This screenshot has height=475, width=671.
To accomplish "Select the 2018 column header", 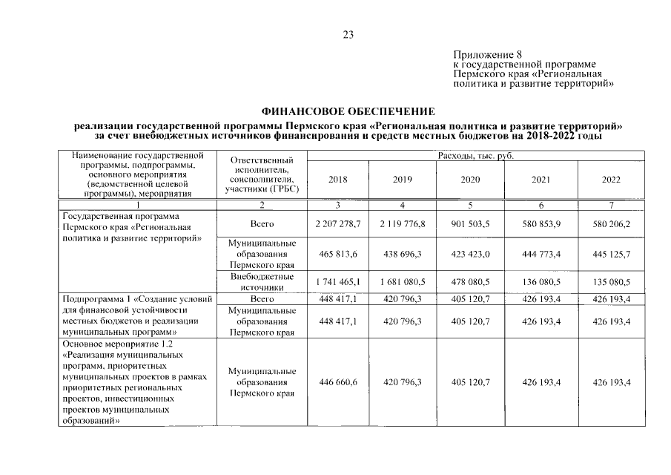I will (x=337, y=180).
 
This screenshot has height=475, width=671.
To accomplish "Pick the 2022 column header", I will (x=612, y=180).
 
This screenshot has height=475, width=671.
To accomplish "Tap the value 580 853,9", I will (x=541, y=223).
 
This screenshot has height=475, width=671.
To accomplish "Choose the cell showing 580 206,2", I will (x=612, y=223).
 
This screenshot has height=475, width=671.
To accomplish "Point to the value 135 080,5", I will (x=612, y=283).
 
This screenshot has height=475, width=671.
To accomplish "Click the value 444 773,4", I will (x=541, y=255).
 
